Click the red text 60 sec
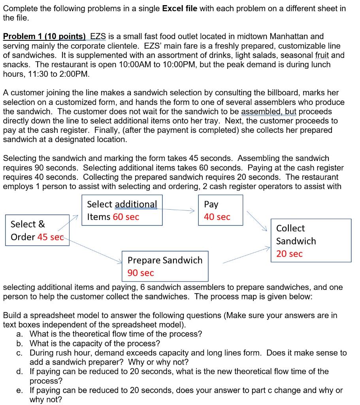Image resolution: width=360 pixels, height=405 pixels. pos(126,217)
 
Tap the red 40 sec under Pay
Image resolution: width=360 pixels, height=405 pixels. pos(217,217)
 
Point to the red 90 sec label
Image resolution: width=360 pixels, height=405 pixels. pos(140,273)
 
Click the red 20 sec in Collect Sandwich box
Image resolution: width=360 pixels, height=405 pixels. pos(289,254)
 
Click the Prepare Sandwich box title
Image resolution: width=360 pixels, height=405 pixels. pos(165,260)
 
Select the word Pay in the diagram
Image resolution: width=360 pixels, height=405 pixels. pos(211,204)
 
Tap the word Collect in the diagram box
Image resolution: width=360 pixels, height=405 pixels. pos(290,228)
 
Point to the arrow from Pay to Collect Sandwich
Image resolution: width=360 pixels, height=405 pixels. pos(256,221)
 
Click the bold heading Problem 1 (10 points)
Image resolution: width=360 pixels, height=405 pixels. pos(44,36)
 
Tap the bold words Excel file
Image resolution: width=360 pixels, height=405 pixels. pos(180,8)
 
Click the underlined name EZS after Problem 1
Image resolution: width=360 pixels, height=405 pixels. pos(98,36)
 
